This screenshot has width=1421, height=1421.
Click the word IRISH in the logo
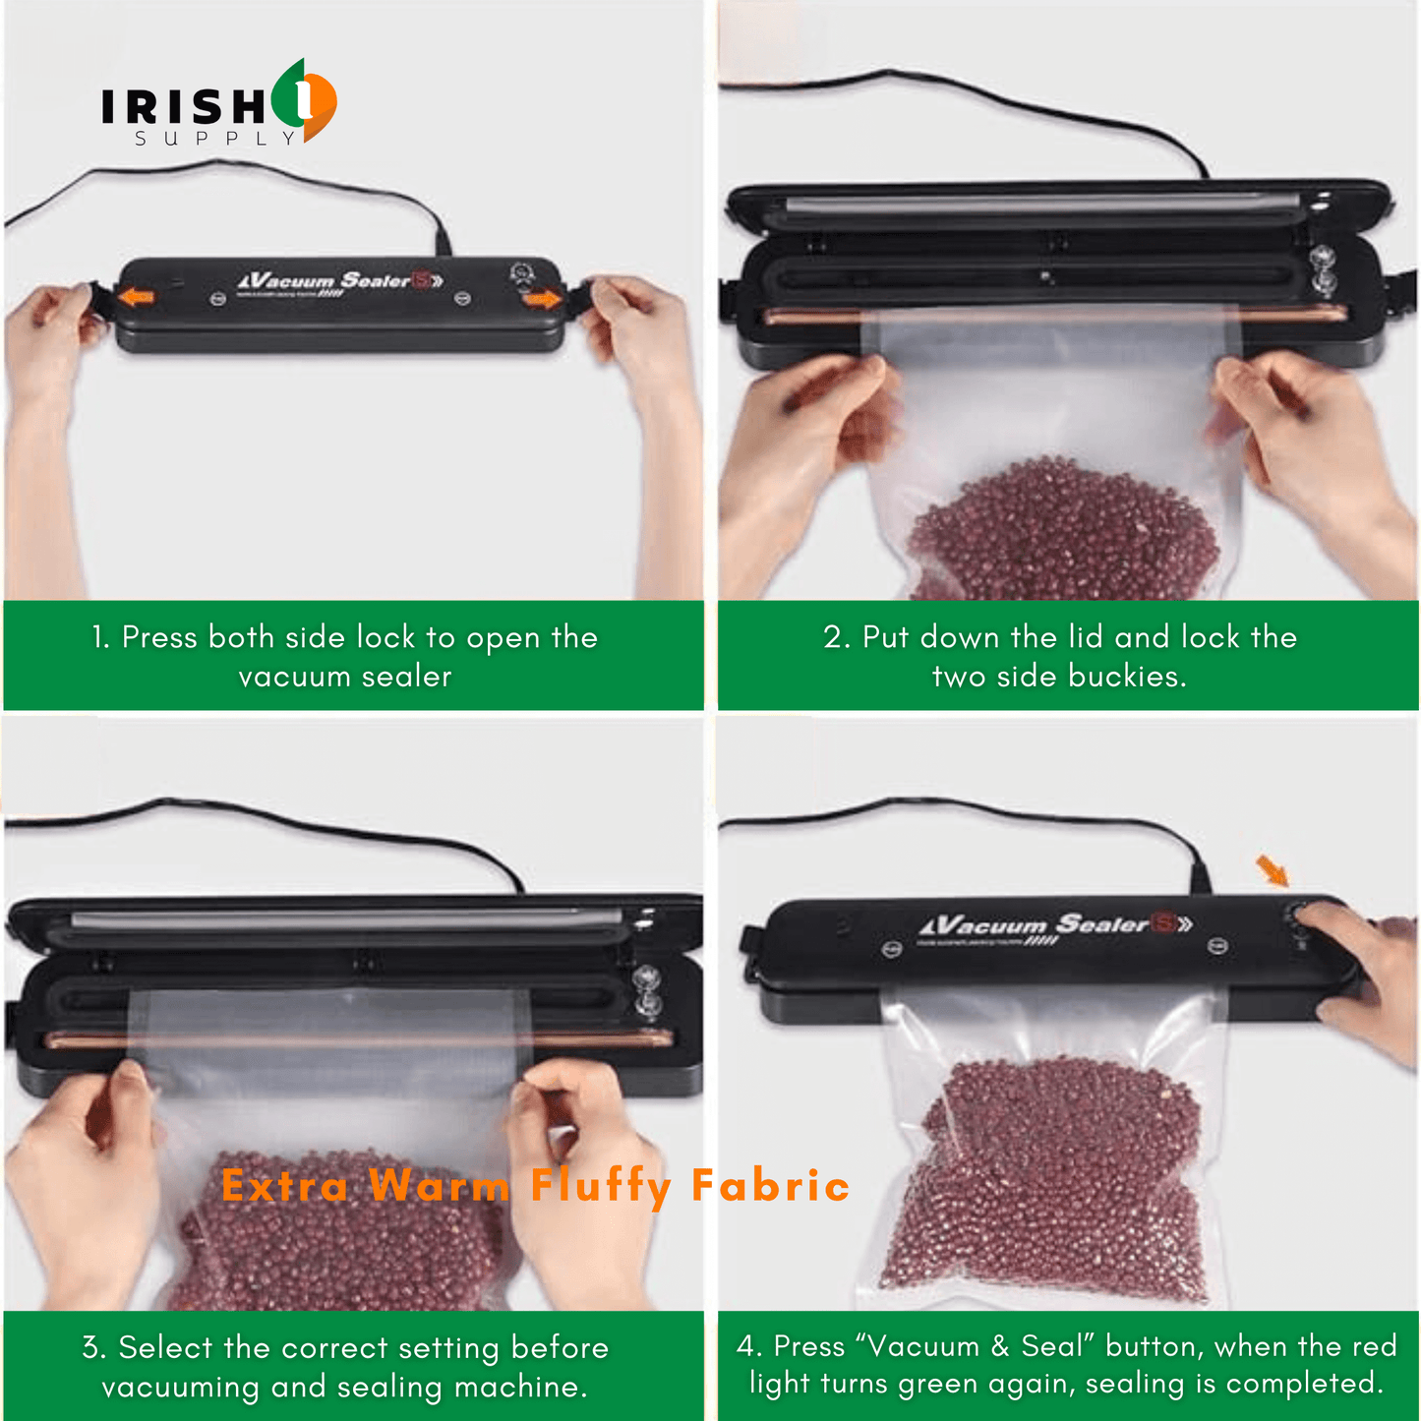tap(182, 106)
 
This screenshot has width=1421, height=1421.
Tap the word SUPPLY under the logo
tap(216, 139)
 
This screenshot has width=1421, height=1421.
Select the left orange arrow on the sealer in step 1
tap(138, 296)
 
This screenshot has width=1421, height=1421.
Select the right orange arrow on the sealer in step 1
tap(542, 298)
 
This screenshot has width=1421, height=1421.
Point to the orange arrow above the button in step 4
tap(1272, 869)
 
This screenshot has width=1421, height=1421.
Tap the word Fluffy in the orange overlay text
tap(601, 1186)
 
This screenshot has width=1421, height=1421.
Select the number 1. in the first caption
tap(100, 637)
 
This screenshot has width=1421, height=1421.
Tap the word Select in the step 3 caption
tap(166, 1347)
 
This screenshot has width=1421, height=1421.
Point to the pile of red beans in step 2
tap(1062, 531)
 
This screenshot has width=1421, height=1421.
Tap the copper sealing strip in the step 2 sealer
tap(1052, 314)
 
